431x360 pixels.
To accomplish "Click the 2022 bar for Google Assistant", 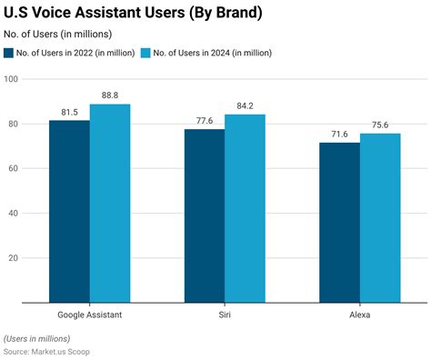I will coord(69,211).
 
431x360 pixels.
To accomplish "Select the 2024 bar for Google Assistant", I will coord(110,203).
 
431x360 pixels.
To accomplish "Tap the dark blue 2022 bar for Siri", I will coord(205,215).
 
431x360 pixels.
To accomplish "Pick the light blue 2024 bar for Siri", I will coord(245,208).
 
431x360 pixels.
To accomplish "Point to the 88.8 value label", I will coord(110,95).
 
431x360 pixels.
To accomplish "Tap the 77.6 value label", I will coord(205,120).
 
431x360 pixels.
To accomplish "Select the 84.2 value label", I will coord(245,105).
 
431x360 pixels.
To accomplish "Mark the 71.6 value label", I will coord(339,133).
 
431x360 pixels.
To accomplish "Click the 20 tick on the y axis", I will coord(15,258).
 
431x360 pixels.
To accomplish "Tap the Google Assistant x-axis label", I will coord(89,314).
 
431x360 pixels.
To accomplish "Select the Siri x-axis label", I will coord(225,314).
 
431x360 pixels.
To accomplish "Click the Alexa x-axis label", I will coord(359,314).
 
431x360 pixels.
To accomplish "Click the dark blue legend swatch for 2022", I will coord(9,53).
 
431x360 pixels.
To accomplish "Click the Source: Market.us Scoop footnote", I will coord(46,351).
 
